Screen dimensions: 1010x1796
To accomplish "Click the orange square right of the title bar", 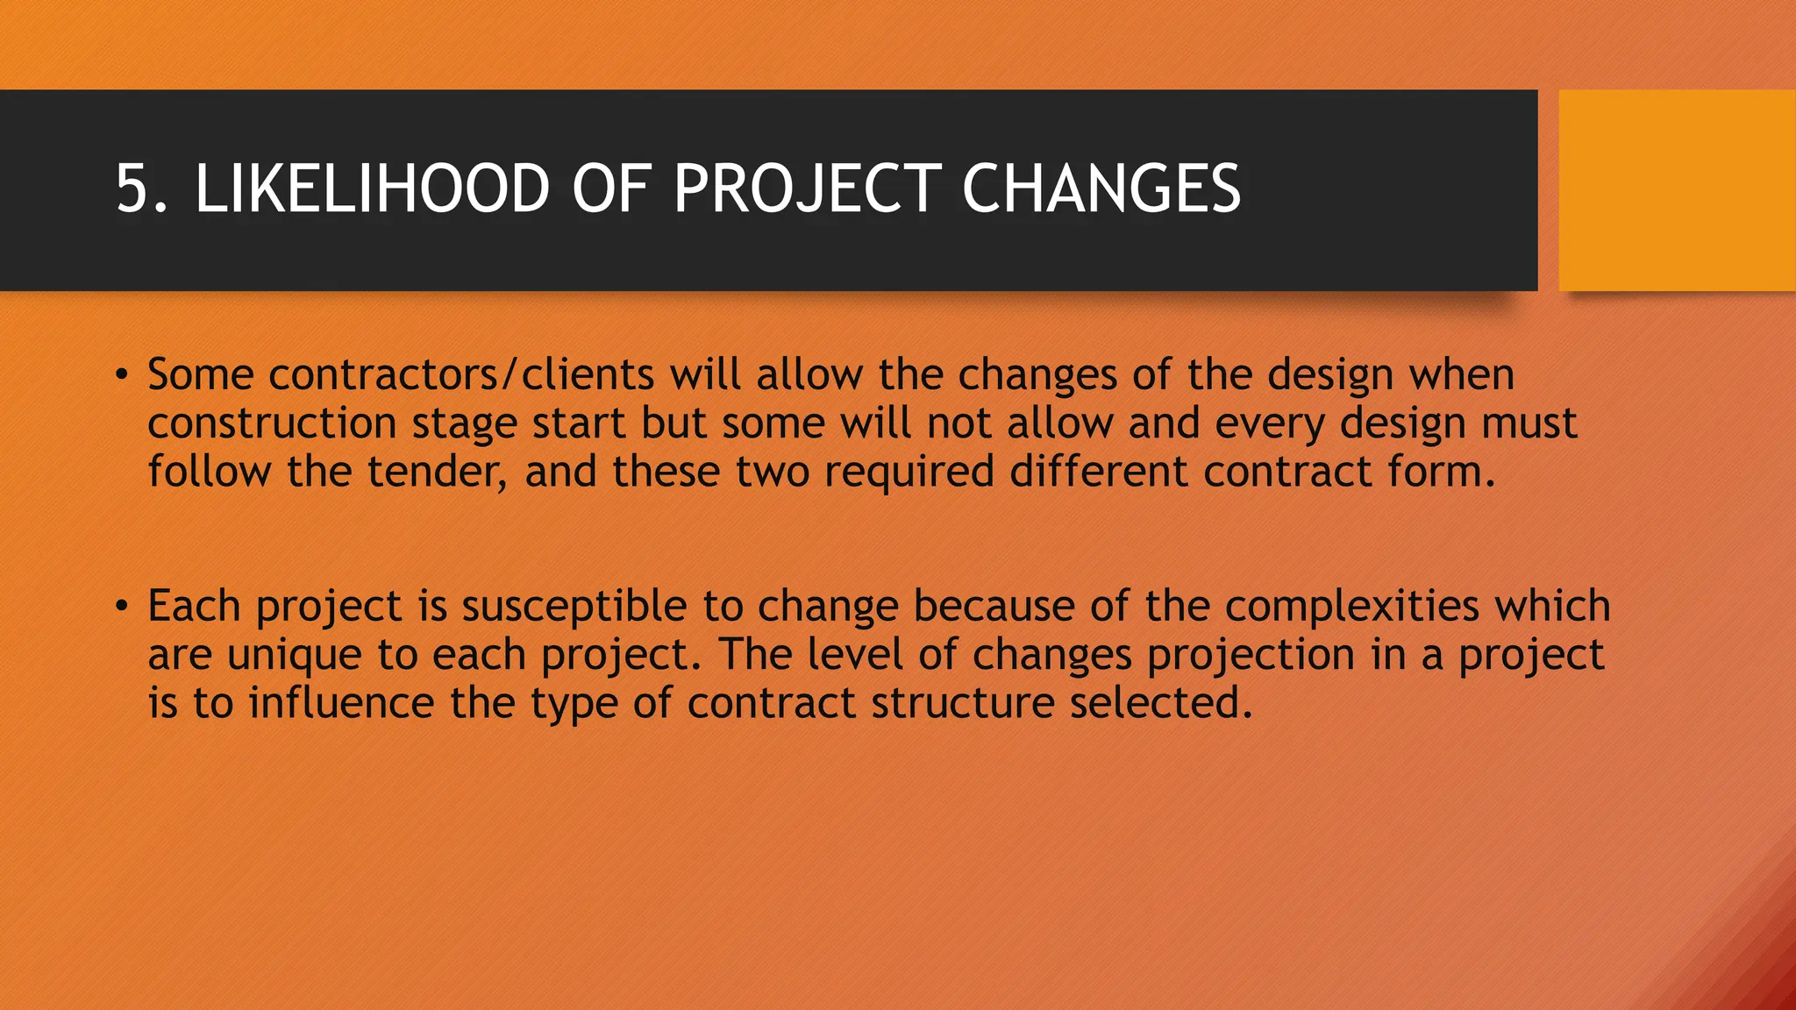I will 1676,190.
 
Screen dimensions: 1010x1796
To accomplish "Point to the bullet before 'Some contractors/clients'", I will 122,376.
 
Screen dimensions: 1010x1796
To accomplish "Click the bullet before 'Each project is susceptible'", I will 122,607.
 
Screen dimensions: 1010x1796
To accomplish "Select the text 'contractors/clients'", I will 461,375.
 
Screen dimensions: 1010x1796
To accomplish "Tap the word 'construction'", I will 272,423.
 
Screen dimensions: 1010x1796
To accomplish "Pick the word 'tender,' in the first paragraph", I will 437,472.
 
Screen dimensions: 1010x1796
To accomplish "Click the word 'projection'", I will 1251,656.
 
